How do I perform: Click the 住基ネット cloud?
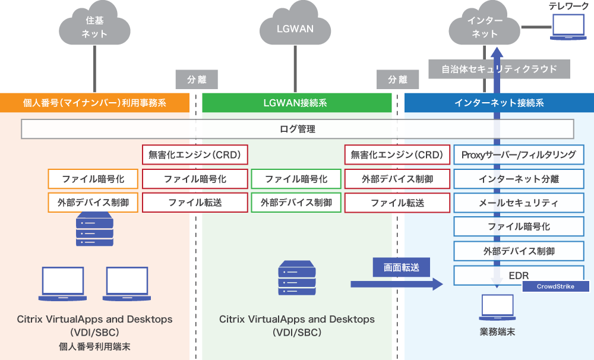94,27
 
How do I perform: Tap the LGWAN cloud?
295,27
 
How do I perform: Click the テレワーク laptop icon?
569,27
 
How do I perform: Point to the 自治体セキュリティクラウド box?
499,69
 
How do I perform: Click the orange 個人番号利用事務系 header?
94,103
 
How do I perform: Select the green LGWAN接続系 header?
295,103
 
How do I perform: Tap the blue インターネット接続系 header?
499,103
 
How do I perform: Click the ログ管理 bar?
297,129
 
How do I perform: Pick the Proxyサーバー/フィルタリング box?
519,155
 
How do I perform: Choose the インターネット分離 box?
519,179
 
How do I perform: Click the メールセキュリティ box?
519,203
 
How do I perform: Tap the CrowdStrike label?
556,286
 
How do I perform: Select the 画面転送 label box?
402,267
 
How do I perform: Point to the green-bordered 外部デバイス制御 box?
296,203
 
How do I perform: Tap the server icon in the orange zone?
94,231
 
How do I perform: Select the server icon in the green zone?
296,279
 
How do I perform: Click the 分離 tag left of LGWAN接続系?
195,79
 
